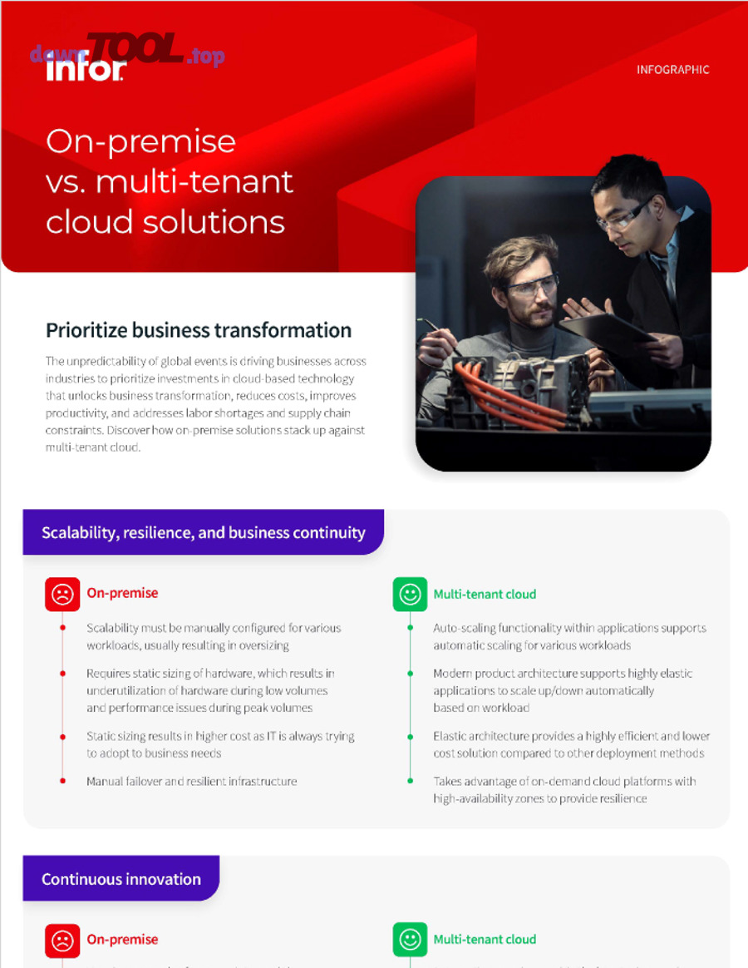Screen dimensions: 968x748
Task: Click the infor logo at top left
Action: (86, 69)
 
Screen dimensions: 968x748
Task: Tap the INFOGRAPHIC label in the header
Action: (672, 70)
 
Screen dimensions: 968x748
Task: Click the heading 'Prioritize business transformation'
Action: (199, 330)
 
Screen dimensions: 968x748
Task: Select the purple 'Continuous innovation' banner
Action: (121, 879)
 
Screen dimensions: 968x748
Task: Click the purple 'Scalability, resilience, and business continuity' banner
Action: (203, 532)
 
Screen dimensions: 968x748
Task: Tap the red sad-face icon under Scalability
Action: (62, 594)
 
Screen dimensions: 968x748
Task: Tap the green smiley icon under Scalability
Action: (410, 594)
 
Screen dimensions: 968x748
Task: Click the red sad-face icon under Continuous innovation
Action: (62, 940)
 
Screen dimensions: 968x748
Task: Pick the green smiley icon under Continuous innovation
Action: (410, 940)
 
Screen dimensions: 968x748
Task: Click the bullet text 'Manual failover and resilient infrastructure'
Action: (191, 781)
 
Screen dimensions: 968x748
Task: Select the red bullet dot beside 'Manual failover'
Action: (63, 781)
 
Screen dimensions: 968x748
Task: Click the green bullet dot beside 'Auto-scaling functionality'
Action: (410, 628)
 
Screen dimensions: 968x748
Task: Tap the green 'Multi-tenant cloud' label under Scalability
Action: (485, 594)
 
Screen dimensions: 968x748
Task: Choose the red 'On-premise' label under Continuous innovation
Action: (122, 940)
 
